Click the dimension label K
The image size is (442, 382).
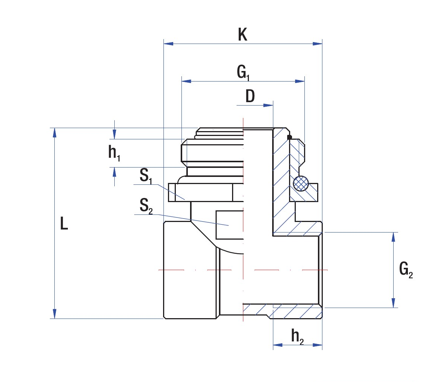(243, 35)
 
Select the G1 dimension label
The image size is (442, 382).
(243, 72)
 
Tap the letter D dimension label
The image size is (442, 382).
(250, 96)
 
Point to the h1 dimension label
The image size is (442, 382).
(114, 153)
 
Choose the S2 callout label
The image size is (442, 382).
(146, 206)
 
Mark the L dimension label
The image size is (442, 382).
(64, 224)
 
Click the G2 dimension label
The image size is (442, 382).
(406, 269)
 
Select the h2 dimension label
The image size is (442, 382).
(297, 336)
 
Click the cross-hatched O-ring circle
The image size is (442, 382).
(301, 184)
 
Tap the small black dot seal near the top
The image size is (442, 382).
(289, 137)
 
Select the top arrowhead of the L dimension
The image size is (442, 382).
(55, 133)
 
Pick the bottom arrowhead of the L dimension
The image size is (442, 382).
(55, 314)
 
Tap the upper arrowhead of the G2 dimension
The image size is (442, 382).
(393, 237)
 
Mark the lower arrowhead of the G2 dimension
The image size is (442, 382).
(393, 303)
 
